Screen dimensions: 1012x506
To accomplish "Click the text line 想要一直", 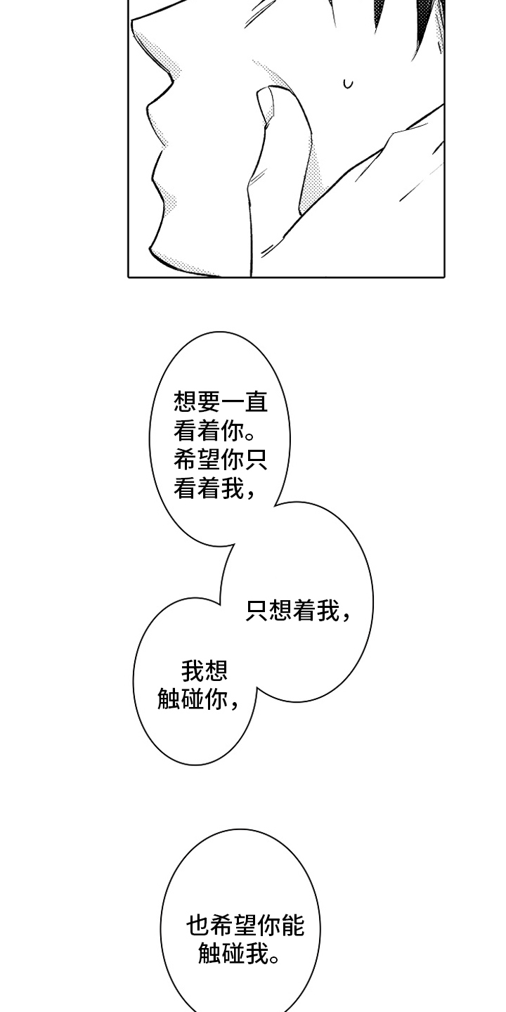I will tap(221, 403).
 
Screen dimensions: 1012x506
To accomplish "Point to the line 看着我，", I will tap(214, 489).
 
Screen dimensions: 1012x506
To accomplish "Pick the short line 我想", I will tap(205, 671).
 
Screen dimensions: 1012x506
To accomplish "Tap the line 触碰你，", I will tap(199, 701).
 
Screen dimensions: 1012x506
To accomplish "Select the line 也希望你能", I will tap(245, 926).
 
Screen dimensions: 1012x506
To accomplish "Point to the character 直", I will tap(256, 403).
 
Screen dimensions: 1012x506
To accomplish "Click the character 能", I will tap(293, 926).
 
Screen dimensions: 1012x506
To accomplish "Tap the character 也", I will tap(197, 926).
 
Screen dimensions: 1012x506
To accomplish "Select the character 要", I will tap(209, 403).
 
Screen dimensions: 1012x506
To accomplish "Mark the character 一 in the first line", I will tap(233, 403).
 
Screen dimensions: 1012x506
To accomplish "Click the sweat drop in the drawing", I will tap(348, 84).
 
